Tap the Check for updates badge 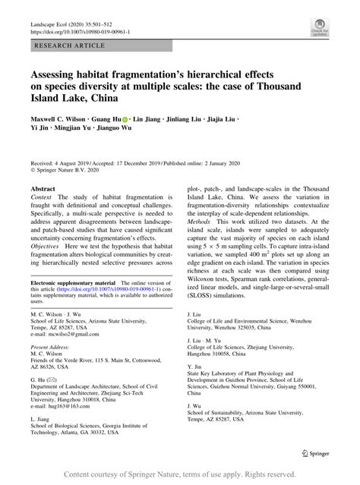coord(318,30)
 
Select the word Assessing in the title coord(55,77)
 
